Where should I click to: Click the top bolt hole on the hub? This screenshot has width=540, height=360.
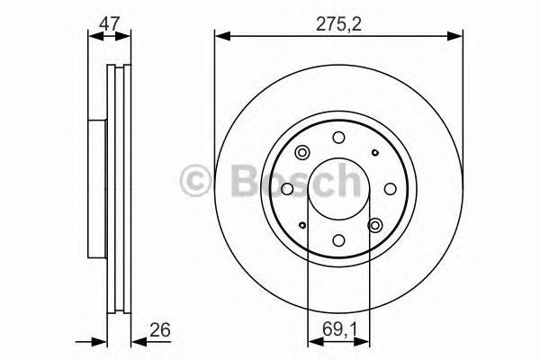338,138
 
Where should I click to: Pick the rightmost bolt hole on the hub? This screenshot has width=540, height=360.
390,189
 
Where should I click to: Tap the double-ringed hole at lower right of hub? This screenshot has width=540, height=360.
375,225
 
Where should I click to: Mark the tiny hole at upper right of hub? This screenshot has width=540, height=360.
374,153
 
